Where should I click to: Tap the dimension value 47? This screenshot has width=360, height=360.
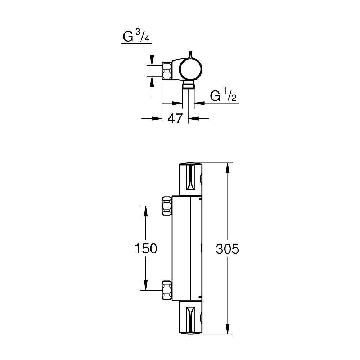point(175,119)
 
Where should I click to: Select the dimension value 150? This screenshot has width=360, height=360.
point(146,248)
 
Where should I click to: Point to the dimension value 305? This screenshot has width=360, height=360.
point(227,249)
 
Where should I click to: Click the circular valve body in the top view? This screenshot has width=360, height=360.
point(190,69)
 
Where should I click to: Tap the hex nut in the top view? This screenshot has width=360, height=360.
point(167,71)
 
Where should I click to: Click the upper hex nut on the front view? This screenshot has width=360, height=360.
point(167,206)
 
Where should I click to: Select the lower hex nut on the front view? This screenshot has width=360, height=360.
point(167,290)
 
